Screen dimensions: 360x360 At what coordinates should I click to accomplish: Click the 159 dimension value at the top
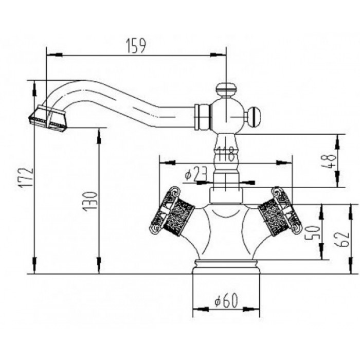tap(136, 45)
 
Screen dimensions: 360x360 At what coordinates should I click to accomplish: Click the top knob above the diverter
tap(224, 90)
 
